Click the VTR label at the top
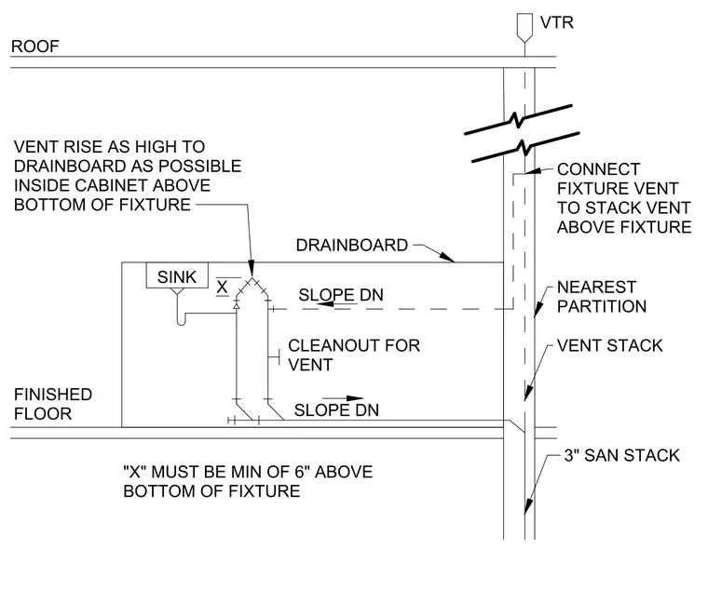tap(557, 22)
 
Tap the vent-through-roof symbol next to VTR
tap(524, 28)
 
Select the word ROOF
tap(35, 47)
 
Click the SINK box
tap(177, 275)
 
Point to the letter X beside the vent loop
tap(222, 287)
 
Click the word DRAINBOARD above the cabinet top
tap(352, 246)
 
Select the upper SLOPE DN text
tap(341, 295)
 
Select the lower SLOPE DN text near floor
tap(336, 410)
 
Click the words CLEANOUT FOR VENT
tap(354, 355)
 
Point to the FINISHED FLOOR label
tap(53, 404)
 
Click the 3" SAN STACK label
tap(621, 455)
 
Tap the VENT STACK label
tap(609, 345)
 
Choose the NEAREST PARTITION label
tap(602, 297)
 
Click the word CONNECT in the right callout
tap(598, 169)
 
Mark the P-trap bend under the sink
tap(181, 321)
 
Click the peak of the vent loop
tap(252, 278)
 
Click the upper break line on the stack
tap(518, 119)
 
